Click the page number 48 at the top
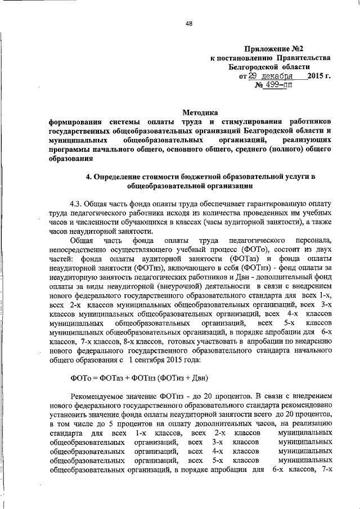click(x=189, y=23)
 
